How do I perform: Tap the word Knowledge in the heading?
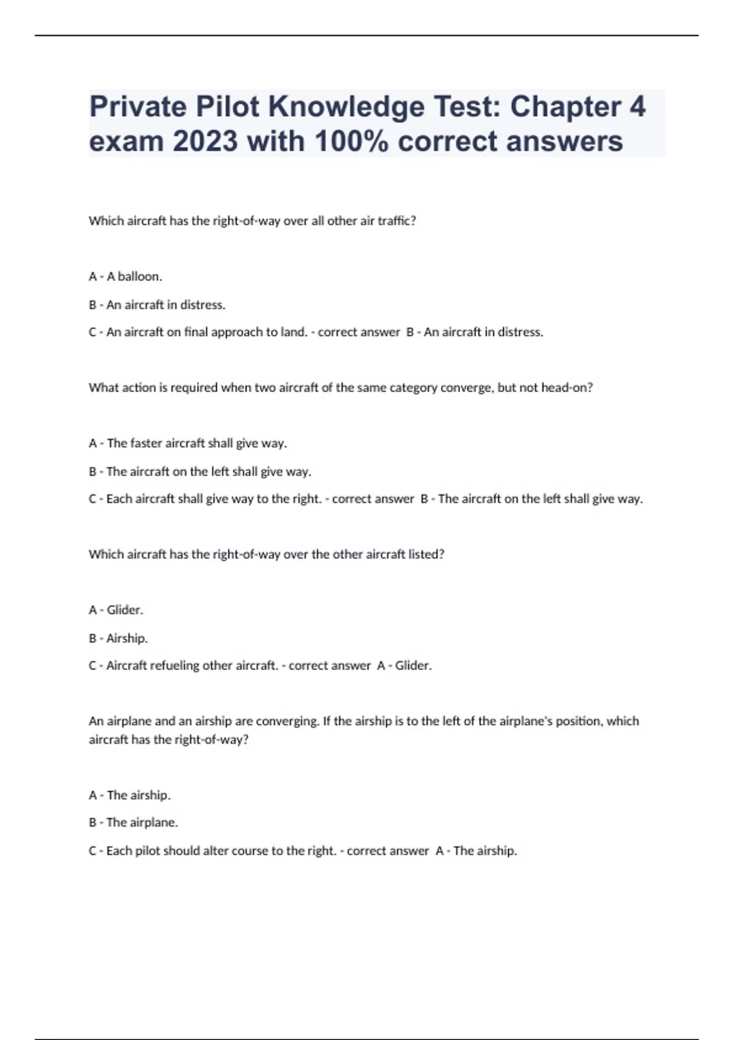(x=346, y=106)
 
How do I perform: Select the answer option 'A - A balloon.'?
(x=125, y=277)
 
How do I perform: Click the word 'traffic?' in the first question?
(x=397, y=221)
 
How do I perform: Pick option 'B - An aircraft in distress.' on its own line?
(x=157, y=305)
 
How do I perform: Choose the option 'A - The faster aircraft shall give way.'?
(x=188, y=443)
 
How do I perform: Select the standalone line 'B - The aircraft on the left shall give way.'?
(x=200, y=472)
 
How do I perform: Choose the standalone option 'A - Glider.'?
(x=116, y=610)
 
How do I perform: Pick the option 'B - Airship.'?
(x=119, y=638)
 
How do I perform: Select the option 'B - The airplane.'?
(x=133, y=822)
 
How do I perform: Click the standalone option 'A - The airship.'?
(x=130, y=795)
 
